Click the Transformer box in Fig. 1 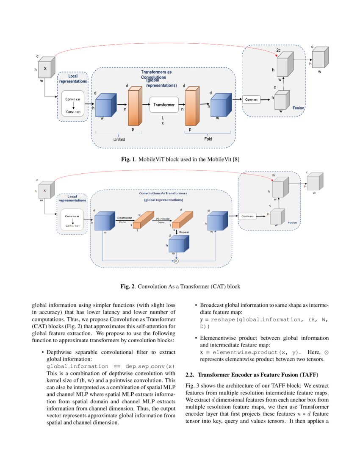pyautogui.click(x=164, y=105)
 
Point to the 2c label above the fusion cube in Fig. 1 pyautogui.click(x=278, y=50)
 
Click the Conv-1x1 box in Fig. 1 pyautogui.click(x=251, y=100)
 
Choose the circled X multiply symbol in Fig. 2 pyautogui.click(x=177, y=261)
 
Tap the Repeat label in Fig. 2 pyautogui.click(x=184, y=232)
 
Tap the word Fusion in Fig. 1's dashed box pyautogui.click(x=298, y=108)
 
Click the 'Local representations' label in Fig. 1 pyautogui.click(x=73, y=78)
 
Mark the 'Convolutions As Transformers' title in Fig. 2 pyautogui.click(x=163, y=193)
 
